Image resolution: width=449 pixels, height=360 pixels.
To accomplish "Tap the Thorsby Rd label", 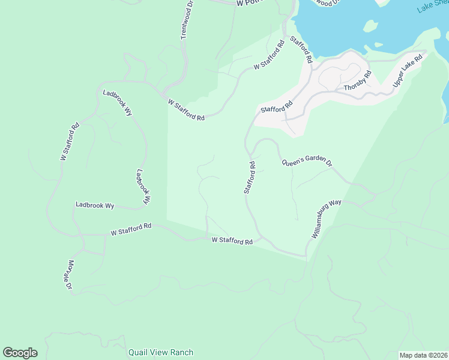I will tap(358, 80).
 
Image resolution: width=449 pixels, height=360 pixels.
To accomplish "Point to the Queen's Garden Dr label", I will tap(306, 161).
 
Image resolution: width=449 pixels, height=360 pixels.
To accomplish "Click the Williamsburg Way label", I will tap(327, 219).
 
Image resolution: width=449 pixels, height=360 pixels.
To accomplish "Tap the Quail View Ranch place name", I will tap(161, 352).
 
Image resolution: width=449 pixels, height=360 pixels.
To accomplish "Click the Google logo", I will tap(20, 353).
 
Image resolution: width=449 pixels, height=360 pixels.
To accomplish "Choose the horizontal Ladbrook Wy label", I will tap(95, 205).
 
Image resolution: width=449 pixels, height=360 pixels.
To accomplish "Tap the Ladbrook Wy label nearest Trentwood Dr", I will tap(117, 103).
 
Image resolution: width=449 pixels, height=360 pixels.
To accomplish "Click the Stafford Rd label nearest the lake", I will tap(301, 50).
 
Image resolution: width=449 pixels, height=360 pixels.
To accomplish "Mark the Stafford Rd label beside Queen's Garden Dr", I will tap(250, 177).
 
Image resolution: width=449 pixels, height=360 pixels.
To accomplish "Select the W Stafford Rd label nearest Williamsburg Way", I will tap(232, 241).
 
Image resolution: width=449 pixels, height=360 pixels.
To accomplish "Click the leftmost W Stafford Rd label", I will tap(70, 142).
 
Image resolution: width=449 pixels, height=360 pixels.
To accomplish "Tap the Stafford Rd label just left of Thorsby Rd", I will tap(276, 107).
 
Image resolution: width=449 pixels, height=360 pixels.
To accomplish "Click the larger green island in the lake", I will tap(370, 26).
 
